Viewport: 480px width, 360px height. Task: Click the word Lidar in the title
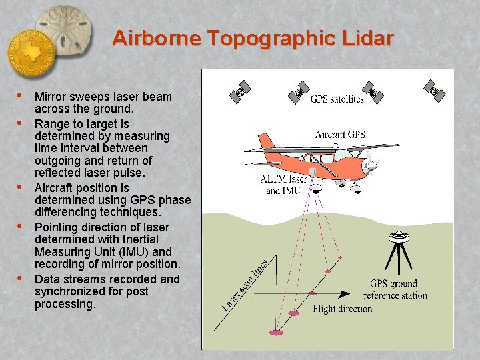(x=365, y=38)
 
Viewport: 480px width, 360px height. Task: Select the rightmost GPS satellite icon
(x=436, y=89)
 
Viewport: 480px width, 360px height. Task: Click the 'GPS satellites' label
(x=337, y=99)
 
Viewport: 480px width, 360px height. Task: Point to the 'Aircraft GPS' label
(x=340, y=135)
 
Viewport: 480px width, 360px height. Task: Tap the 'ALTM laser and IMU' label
(x=283, y=185)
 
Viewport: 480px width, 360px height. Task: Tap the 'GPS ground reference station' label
(x=399, y=289)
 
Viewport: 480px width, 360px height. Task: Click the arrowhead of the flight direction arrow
(x=345, y=293)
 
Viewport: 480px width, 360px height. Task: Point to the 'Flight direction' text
(x=343, y=309)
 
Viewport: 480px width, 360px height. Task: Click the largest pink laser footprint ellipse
(x=275, y=331)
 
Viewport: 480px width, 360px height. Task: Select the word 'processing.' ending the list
(x=65, y=304)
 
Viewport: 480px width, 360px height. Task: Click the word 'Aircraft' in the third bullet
(x=55, y=188)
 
